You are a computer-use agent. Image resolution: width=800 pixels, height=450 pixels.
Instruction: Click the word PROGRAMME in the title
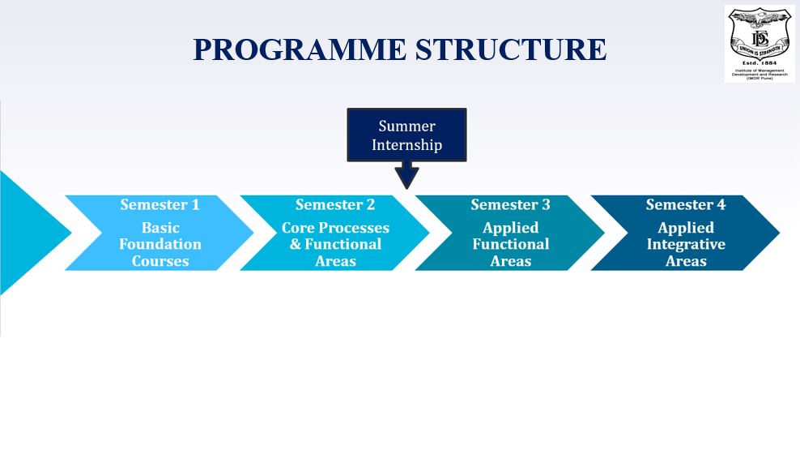pyautogui.click(x=300, y=49)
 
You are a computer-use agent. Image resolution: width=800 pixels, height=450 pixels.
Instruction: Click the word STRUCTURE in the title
pyautogui.click(x=511, y=49)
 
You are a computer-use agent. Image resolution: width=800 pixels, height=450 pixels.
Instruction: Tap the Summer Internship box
pyautogui.click(x=406, y=135)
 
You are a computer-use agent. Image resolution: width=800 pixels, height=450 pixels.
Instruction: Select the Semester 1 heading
pyautogui.click(x=160, y=204)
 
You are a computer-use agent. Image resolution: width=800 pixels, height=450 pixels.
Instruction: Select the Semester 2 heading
pyautogui.click(x=335, y=204)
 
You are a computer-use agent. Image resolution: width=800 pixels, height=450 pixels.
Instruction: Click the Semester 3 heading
pyautogui.click(x=510, y=204)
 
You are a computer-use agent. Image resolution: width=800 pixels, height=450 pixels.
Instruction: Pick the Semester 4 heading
pyautogui.click(x=686, y=204)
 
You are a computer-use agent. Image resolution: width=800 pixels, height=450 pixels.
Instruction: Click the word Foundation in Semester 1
pyautogui.click(x=160, y=244)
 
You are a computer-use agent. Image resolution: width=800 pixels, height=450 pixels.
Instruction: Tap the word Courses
pyautogui.click(x=160, y=261)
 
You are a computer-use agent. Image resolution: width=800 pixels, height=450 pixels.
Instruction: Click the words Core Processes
pyautogui.click(x=335, y=228)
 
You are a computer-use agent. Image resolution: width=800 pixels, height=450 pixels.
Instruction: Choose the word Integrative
pyautogui.click(x=686, y=244)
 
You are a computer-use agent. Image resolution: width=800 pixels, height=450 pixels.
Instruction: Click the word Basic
pyautogui.click(x=160, y=228)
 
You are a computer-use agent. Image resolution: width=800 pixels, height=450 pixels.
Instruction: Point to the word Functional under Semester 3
pyautogui.click(x=511, y=244)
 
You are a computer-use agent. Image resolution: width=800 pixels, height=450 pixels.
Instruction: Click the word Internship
pyautogui.click(x=406, y=145)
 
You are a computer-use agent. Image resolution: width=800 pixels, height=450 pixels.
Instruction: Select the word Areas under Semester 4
pyautogui.click(x=686, y=261)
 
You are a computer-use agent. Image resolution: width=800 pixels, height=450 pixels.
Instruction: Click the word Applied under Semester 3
pyautogui.click(x=511, y=228)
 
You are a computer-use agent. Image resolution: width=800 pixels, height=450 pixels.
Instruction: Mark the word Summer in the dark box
pyautogui.click(x=406, y=126)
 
